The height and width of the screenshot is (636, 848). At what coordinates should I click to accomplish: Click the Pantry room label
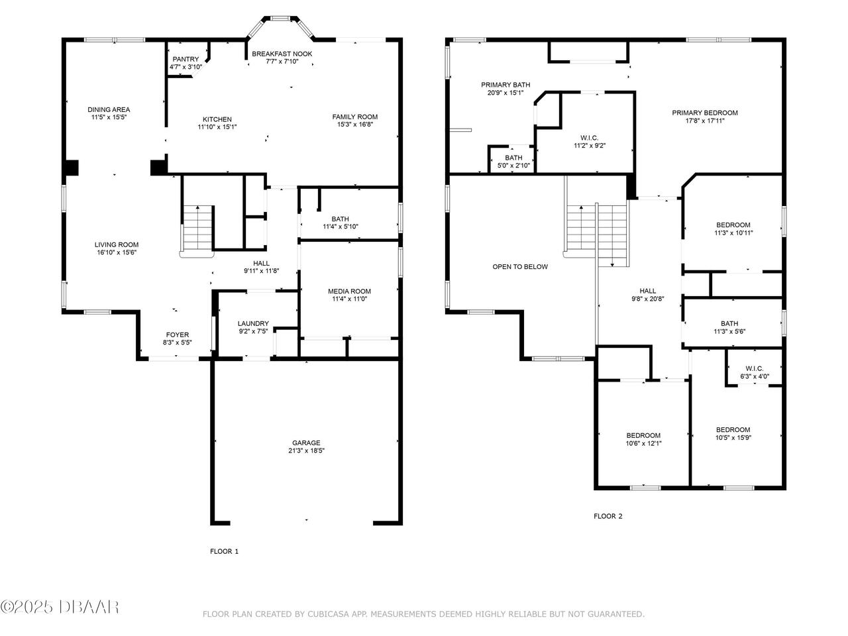point(185,59)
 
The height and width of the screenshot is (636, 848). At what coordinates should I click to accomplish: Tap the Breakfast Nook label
point(282,54)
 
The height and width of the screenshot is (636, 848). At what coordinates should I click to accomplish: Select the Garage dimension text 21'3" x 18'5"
point(306,450)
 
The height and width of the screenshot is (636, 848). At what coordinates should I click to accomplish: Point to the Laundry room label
point(253,323)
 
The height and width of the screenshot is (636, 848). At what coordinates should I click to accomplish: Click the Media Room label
point(349,291)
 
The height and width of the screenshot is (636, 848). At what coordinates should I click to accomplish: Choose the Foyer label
point(177,335)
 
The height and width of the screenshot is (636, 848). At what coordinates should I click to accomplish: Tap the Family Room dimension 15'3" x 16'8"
point(354,125)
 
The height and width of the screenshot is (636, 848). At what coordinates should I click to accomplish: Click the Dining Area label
point(109,109)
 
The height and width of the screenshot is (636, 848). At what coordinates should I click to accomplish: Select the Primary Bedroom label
point(704,113)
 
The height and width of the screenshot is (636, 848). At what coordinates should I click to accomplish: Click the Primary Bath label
point(505,85)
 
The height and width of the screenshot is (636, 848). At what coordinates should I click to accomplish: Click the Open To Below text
point(520,267)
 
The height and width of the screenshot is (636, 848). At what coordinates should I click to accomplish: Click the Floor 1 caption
point(224,551)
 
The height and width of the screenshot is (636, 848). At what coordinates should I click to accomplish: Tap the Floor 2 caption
point(608,516)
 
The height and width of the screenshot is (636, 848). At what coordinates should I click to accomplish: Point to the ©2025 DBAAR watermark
point(60,606)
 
